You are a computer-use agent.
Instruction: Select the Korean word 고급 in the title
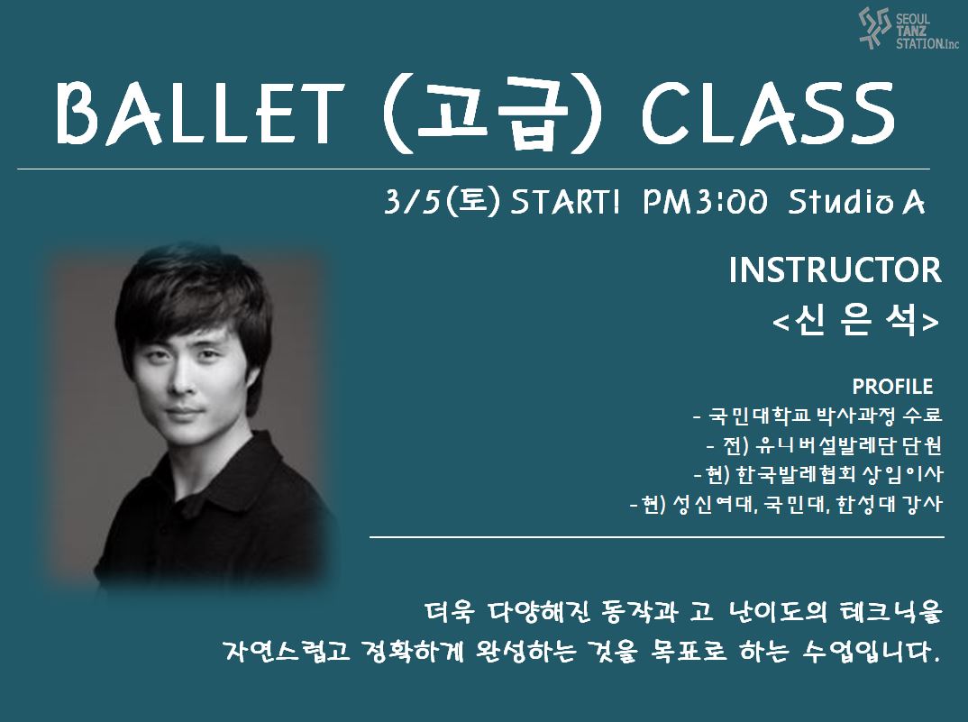(x=492, y=114)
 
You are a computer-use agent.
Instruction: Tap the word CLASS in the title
(x=769, y=113)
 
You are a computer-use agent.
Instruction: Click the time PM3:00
(x=705, y=201)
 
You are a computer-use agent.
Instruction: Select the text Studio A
(x=856, y=201)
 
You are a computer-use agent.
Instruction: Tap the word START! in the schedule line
(x=564, y=202)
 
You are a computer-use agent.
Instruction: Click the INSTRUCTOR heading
(x=836, y=270)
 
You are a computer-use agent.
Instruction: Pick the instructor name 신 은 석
(x=856, y=320)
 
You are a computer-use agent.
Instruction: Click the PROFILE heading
(x=892, y=387)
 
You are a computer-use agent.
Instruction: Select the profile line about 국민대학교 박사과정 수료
(x=817, y=415)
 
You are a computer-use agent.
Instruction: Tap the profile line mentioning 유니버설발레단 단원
(x=824, y=444)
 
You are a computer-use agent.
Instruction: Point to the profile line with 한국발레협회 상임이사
(x=818, y=474)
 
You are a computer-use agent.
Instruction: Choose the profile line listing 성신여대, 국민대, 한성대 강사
(x=786, y=505)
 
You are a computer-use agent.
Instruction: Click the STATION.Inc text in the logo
(x=927, y=43)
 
